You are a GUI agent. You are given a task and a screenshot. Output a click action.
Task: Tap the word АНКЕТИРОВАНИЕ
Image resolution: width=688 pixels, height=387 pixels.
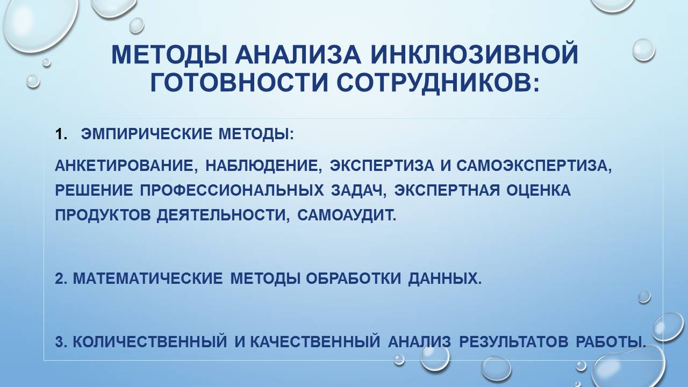click(x=123, y=166)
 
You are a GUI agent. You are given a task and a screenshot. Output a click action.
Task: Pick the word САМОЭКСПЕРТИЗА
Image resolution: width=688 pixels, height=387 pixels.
click(x=534, y=166)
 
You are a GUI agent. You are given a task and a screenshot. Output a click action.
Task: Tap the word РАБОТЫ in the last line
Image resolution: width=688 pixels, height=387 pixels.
click(x=610, y=341)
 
